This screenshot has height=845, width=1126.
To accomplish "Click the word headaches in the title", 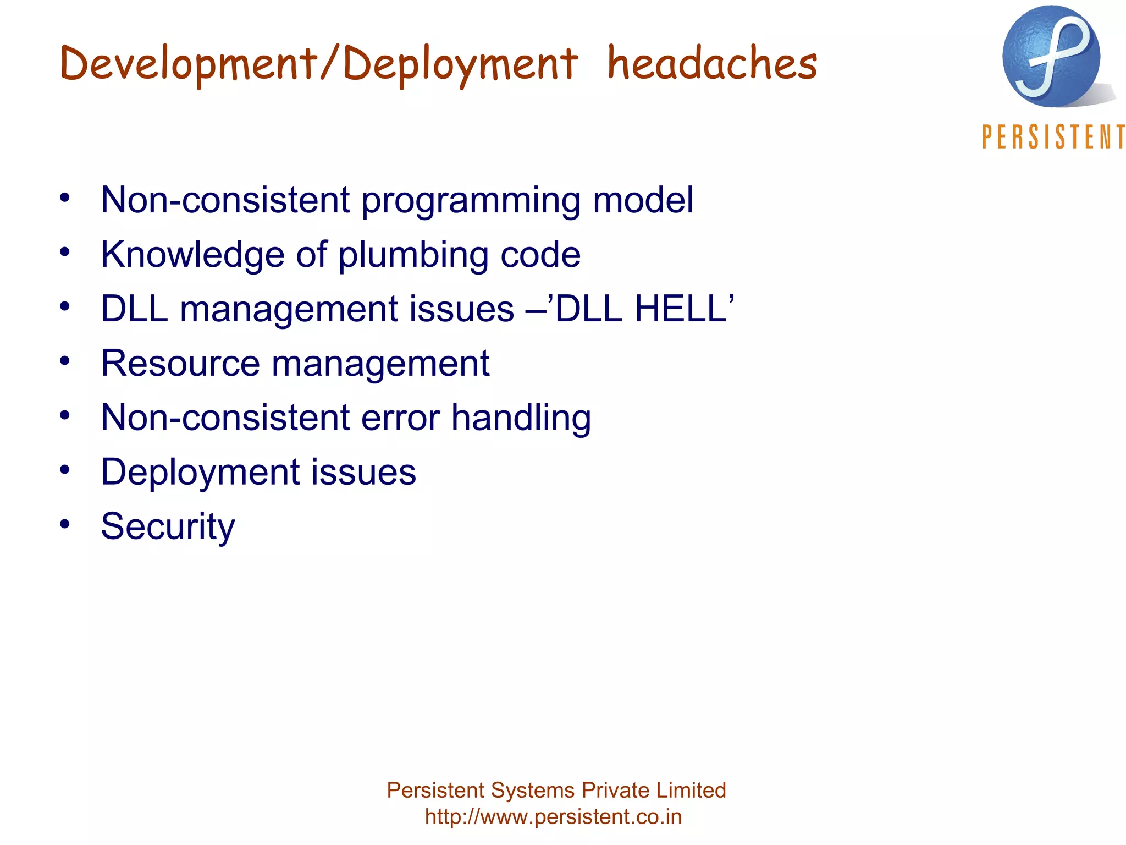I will pyautogui.click(x=712, y=63).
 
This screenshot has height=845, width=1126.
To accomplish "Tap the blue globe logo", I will pyautogui.click(x=1051, y=57).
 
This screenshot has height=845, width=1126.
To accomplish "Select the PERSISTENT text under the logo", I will pyautogui.click(x=1053, y=137).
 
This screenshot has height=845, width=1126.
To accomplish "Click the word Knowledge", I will pyautogui.click(x=192, y=255).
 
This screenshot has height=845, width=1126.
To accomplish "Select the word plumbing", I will pyautogui.click(x=413, y=255).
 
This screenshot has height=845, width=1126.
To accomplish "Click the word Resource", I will pyautogui.click(x=180, y=363).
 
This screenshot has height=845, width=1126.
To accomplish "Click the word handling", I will pyautogui.click(x=521, y=418).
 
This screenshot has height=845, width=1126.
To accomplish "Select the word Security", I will pyautogui.click(x=168, y=527).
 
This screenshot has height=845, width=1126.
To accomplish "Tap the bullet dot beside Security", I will pyautogui.click(x=65, y=524).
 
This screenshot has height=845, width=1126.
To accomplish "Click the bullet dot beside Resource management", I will pyautogui.click(x=65, y=361).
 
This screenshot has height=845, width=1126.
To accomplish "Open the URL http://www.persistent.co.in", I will pyautogui.click(x=553, y=816).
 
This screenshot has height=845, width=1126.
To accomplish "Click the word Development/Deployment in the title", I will pyautogui.click(x=318, y=64).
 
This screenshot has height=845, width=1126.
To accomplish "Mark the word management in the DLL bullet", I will pyautogui.click(x=347, y=309).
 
